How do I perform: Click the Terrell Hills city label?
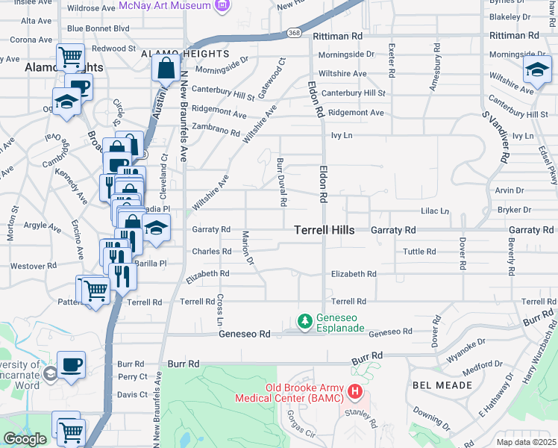click(324, 230)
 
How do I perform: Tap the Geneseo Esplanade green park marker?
click(304, 322)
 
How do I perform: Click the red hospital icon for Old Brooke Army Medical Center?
click(355, 391)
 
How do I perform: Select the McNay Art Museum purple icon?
click(222, 7)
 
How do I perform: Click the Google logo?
click(25, 439)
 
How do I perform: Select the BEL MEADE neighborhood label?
click(442, 385)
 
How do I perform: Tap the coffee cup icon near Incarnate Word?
click(72, 365)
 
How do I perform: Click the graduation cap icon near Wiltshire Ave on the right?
click(536, 71)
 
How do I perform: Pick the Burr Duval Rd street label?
click(282, 182)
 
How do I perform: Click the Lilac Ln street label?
click(435, 211)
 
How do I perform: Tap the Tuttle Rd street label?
click(418, 252)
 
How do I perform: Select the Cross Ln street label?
click(220, 308)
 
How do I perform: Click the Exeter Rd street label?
click(391, 61)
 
